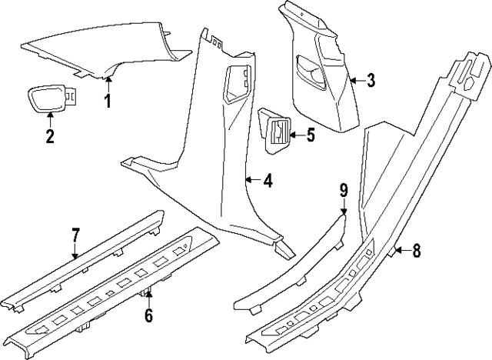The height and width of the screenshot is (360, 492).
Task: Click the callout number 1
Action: click(x=108, y=101)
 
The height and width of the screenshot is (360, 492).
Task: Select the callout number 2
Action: click(x=50, y=137)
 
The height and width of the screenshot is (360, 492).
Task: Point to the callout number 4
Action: click(x=267, y=182)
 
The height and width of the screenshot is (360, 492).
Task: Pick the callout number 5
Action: click(x=310, y=135)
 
